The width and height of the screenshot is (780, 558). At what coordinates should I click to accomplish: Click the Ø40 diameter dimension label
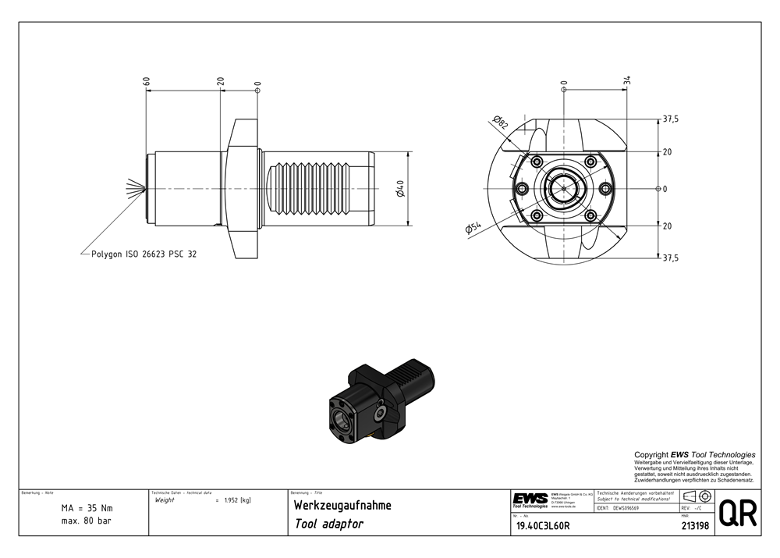(400, 188)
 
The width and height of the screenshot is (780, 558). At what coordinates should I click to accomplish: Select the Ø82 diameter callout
(500, 123)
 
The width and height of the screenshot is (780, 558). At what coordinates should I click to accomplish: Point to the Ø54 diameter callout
(473, 227)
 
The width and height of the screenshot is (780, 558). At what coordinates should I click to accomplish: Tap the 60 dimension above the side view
(146, 81)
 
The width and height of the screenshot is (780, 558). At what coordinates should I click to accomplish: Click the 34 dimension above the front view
(627, 81)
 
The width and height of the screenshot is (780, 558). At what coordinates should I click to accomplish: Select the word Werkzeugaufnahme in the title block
(342, 506)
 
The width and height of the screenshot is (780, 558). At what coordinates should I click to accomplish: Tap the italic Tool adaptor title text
(328, 524)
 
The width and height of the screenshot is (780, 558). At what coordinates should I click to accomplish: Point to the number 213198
(694, 526)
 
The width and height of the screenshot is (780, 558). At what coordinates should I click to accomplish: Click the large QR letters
(736, 514)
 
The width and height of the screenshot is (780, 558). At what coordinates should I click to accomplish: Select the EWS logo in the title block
(530, 499)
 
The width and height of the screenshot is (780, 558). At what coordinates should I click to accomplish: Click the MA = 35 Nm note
(86, 508)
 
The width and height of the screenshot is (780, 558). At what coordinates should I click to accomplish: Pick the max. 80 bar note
(86, 521)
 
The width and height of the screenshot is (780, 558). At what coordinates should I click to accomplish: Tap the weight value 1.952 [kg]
(236, 500)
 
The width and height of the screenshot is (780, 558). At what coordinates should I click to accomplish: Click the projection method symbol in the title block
(695, 497)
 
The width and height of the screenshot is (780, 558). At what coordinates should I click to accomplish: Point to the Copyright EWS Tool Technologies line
(694, 454)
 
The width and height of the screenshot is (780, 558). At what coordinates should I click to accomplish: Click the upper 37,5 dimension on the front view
(670, 119)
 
